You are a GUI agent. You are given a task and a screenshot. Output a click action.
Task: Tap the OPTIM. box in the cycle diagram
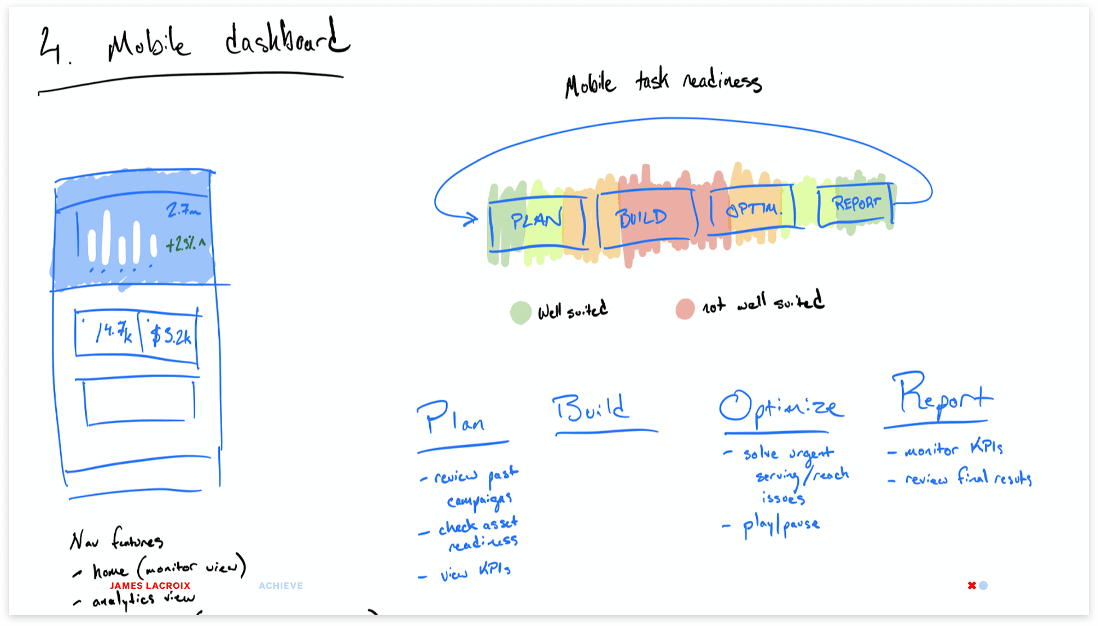(753, 209)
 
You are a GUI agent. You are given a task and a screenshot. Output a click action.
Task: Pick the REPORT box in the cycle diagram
(856, 204)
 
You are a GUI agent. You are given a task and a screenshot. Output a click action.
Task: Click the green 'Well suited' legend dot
(521, 312)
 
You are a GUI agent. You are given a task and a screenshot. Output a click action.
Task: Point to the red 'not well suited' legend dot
(685, 309)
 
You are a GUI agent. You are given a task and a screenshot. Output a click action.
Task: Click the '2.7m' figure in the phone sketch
(183, 211)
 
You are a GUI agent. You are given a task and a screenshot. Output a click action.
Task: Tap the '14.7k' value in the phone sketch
(114, 333)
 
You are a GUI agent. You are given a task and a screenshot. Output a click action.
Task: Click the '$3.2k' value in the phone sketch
(171, 336)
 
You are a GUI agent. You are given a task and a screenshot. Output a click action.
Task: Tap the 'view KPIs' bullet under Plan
(475, 572)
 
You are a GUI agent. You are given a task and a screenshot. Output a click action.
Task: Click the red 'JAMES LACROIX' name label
(150, 585)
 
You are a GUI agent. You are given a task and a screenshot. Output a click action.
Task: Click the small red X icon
(971, 585)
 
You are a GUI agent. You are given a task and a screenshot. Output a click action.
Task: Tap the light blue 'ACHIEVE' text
(281, 585)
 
